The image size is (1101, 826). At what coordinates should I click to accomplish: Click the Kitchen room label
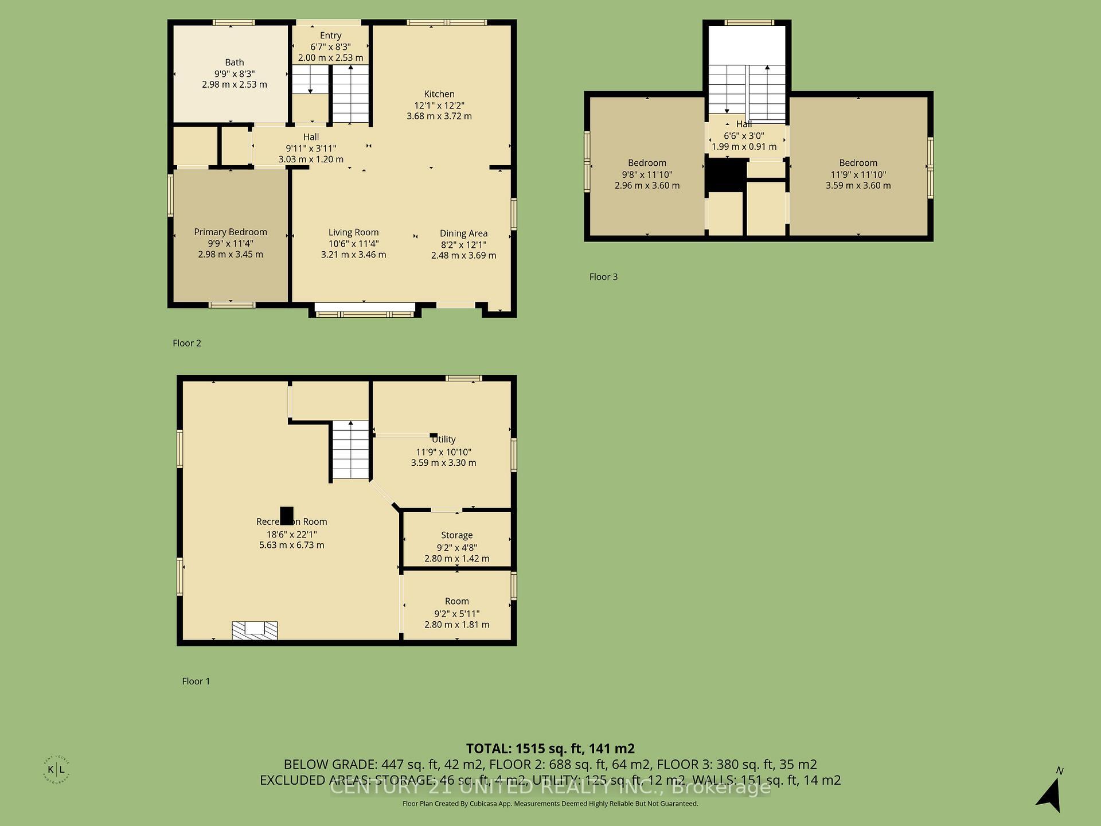439,94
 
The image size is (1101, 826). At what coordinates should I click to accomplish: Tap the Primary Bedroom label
231,232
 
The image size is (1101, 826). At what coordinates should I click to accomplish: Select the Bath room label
235,62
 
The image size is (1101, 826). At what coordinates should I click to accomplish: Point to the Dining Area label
463,233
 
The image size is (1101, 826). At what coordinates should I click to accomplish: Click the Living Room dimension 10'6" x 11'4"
353,243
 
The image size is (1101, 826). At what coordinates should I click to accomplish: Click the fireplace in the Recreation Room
255,630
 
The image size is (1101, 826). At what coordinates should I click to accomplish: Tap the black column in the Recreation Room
286,515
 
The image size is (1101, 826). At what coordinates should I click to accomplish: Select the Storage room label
456,535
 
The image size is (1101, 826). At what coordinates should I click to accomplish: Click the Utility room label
443,439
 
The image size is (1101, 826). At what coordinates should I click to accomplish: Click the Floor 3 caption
603,276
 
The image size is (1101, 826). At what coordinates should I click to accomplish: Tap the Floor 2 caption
187,343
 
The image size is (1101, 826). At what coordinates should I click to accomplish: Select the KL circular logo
56,770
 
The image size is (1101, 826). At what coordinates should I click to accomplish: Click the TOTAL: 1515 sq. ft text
550,749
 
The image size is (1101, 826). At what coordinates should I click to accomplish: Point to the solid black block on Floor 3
725,175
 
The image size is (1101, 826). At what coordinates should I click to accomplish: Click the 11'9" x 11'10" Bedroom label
858,163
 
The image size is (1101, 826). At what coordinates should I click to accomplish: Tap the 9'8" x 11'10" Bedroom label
647,163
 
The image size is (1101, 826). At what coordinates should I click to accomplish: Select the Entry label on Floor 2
330,36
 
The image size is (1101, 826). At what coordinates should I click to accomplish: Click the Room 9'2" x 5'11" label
456,601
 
